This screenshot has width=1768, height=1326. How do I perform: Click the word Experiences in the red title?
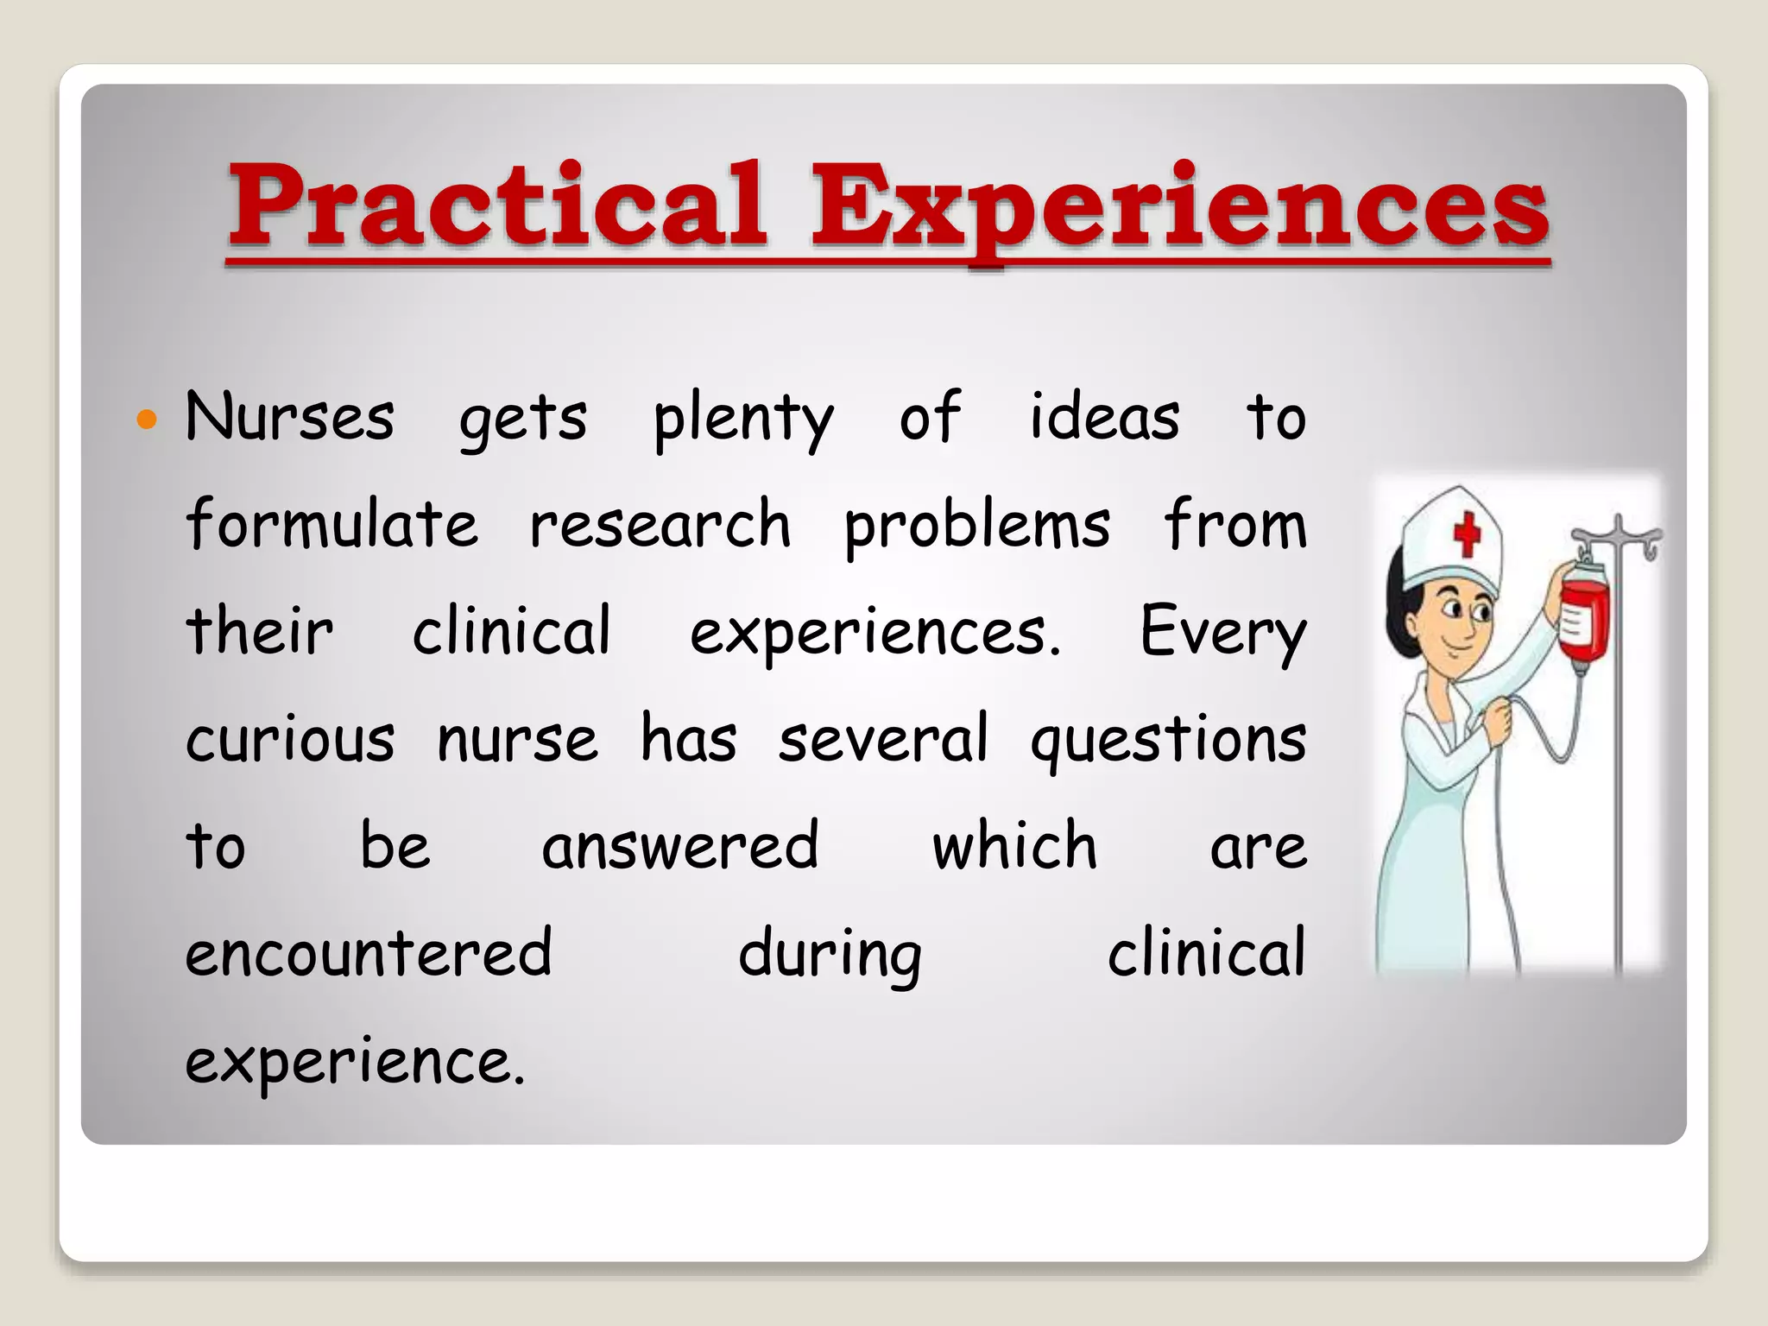[1179, 208]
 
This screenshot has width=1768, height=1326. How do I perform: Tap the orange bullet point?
[148, 420]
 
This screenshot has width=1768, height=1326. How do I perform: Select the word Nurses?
[289, 417]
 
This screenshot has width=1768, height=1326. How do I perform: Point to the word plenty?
[743, 420]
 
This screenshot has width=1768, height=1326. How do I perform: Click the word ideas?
[1104, 416]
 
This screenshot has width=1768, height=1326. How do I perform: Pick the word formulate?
[331, 524]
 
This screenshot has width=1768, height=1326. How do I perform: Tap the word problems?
[977, 527]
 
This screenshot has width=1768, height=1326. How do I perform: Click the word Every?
[1222, 633]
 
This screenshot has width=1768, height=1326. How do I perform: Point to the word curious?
[290, 740]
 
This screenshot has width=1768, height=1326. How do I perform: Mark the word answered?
[680, 846]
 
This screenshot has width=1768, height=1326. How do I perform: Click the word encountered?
[369, 952]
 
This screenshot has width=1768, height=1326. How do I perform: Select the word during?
[830, 955]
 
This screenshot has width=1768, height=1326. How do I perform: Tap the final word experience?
[355, 1062]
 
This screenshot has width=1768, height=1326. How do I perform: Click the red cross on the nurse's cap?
[1467, 533]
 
